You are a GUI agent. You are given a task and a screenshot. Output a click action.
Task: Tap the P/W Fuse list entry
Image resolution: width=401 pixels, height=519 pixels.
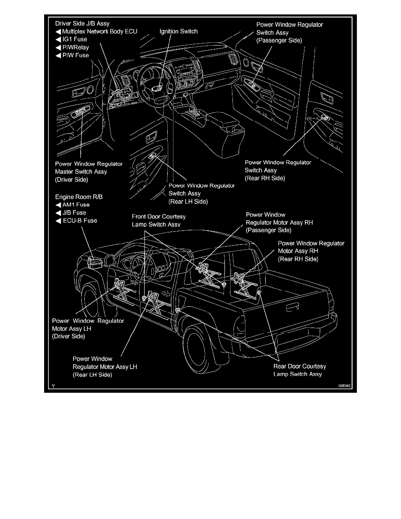pos(76,55)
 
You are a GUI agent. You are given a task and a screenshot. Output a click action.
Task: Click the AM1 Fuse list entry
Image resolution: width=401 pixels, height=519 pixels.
pos(76,204)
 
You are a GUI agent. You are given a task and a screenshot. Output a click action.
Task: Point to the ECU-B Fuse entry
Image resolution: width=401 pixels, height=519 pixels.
pos(80,220)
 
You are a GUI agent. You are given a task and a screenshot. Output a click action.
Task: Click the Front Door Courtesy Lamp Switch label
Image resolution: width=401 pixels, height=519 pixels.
pos(159,220)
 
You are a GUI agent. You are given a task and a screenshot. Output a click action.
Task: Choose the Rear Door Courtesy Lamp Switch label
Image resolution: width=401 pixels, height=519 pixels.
pos(300,370)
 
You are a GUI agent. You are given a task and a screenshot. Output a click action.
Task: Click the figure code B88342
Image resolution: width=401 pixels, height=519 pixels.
pos(344,386)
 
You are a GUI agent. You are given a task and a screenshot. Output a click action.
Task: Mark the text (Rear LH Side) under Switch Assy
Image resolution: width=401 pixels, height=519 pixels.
pos(188,201)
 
